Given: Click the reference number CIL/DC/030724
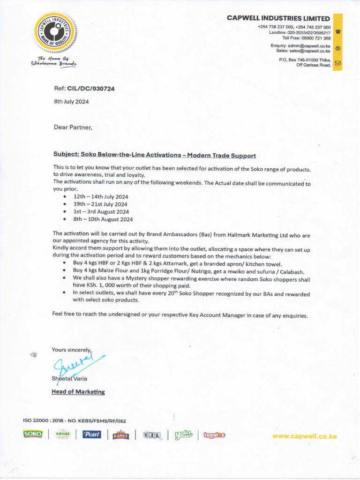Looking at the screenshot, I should (84, 88).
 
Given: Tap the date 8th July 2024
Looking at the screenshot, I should (71, 101).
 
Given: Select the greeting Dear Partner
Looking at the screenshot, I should (73, 127).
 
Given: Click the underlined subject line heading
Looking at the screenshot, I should (155, 155).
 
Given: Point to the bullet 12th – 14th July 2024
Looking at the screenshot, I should (100, 197).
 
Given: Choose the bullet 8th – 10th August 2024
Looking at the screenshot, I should (103, 219).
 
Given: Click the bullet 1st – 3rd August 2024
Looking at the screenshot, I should (101, 212).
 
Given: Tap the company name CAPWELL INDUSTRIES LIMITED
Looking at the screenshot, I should (278, 18).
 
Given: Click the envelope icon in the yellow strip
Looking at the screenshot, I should (337, 63).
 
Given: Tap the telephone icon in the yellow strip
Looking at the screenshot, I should (337, 32).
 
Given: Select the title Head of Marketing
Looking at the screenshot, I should (78, 392).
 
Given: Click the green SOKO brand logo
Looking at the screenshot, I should (33, 435).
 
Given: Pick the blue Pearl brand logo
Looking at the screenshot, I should (92, 435).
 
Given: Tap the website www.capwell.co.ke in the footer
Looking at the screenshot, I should (305, 436).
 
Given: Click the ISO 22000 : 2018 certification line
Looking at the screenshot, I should (75, 421).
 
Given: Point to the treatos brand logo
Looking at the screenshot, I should (214, 435).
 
